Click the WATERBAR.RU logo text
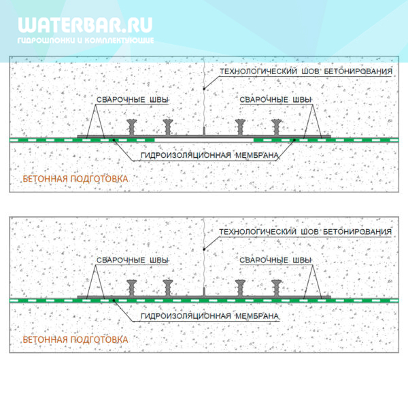tap(85, 25)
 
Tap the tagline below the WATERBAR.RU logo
tap(86, 40)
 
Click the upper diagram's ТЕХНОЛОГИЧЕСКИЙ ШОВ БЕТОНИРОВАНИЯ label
tap(306, 71)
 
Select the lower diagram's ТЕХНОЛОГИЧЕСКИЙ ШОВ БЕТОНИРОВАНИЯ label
tap(305, 232)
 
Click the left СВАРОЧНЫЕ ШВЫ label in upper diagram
tap(133, 100)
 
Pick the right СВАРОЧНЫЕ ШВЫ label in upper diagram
tap(275, 100)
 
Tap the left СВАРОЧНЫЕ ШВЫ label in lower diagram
tap(133, 260)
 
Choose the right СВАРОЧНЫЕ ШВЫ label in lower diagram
tap(275, 260)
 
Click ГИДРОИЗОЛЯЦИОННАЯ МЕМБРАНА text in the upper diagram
tap(209, 155)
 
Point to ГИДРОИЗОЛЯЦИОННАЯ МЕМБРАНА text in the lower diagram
tap(209, 316)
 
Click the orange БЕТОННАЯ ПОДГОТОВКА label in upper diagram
tap(75, 179)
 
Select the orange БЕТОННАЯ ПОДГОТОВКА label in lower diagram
tap(75, 339)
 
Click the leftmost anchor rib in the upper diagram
tap(132, 128)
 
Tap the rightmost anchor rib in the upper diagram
tap(276, 128)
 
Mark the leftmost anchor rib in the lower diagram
tap(132, 288)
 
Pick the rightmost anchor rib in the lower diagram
tap(276, 288)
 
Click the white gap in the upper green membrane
tap(204, 140)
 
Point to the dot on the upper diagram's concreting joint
tap(204, 89)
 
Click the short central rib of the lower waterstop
tap(204, 292)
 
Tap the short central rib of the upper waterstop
tap(204, 131)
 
